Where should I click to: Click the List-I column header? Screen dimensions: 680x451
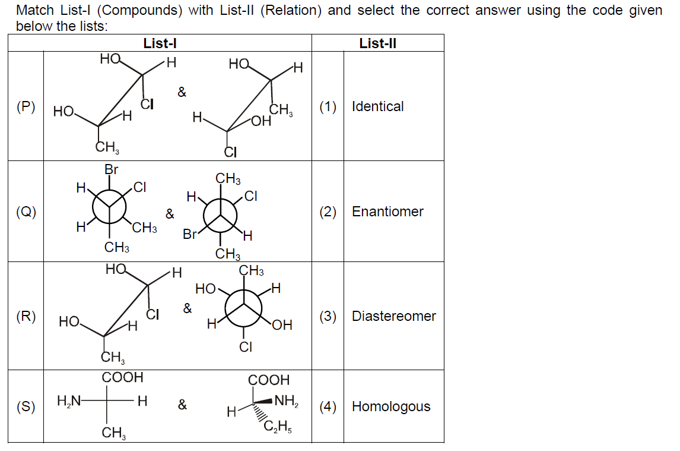pos(160,43)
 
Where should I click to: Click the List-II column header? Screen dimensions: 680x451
pos(377,43)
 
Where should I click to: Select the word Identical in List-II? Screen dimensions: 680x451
pos(377,106)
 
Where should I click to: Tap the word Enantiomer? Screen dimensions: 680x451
pos(387,212)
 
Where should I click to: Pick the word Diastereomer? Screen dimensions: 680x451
pos(394,316)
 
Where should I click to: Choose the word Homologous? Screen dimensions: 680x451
pos(391,406)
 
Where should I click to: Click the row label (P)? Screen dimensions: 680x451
pos(26,107)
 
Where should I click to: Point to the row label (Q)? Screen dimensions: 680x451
pos(26,212)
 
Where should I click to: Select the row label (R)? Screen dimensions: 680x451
pos(26,316)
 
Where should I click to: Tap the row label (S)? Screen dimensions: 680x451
pos(26,406)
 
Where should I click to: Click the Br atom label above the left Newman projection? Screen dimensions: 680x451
pos(112,169)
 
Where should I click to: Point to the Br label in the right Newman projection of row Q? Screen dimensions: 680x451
pos(189,234)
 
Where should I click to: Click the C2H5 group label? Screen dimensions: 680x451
pos(278,427)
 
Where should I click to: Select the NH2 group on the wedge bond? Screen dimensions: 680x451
pos(286,400)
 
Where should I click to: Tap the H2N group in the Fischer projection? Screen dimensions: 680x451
pos(69,400)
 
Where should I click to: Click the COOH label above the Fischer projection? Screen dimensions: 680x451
pos(122,377)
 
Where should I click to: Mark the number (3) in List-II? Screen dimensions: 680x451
pos(328,316)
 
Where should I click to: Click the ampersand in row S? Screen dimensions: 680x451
pos(183,405)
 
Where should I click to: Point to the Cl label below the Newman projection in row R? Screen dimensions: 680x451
pos(246,347)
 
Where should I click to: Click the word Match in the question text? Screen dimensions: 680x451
pos(35,10)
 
